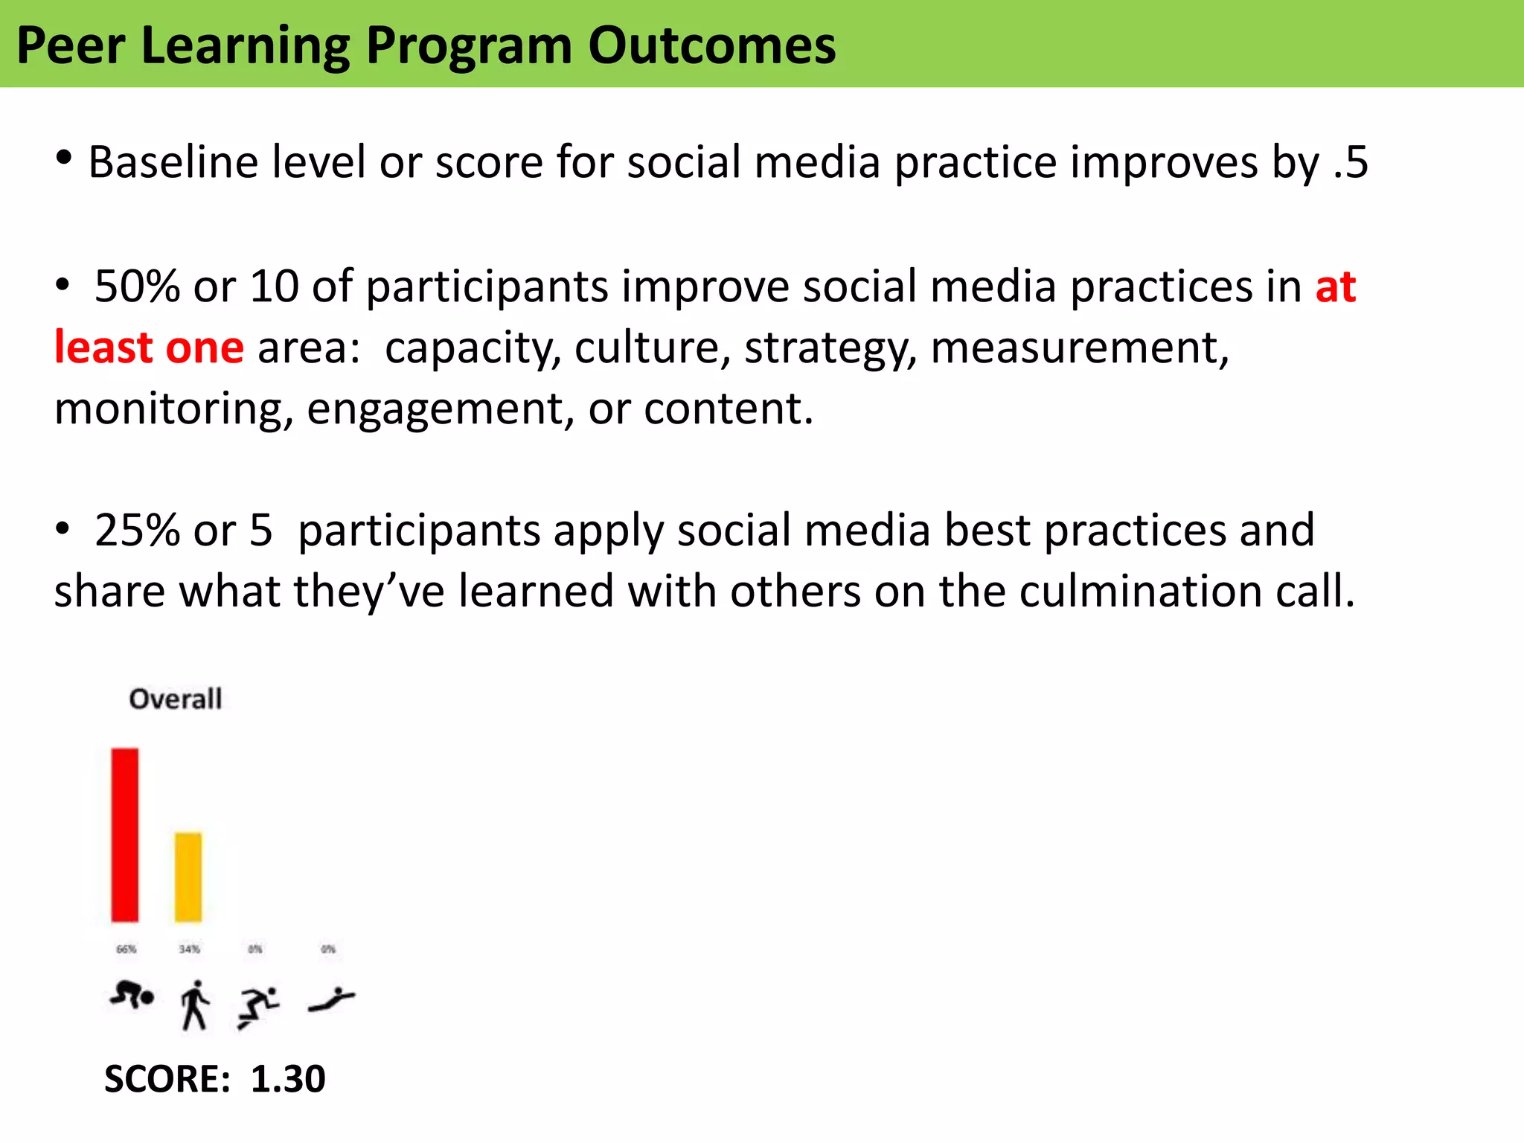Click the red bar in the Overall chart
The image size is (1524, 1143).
pos(125,834)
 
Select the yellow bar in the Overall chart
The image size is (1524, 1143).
pos(188,877)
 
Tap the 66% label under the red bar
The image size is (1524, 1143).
pos(127,949)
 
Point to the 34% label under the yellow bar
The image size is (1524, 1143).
pos(189,949)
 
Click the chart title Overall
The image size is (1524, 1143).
pos(175,699)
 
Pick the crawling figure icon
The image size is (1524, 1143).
pos(132,995)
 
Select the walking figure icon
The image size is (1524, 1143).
pos(195,1005)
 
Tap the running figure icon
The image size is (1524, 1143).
pos(257,1007)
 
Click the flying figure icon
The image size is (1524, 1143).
pos(331,1000)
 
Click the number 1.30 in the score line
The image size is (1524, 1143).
pos(287,1079)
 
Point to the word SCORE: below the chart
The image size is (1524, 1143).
pos(167,1079)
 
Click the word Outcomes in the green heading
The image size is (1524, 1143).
pos(712,46)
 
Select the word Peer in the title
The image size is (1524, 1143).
pos(71,46)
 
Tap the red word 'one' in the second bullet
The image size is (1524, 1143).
pos(205,348)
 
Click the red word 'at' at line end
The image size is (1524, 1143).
pos(1336,286)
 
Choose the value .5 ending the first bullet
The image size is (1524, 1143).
pos(1350,162)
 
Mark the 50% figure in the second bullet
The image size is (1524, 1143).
pos(137,286)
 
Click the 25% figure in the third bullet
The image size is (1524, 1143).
pos(137,531)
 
